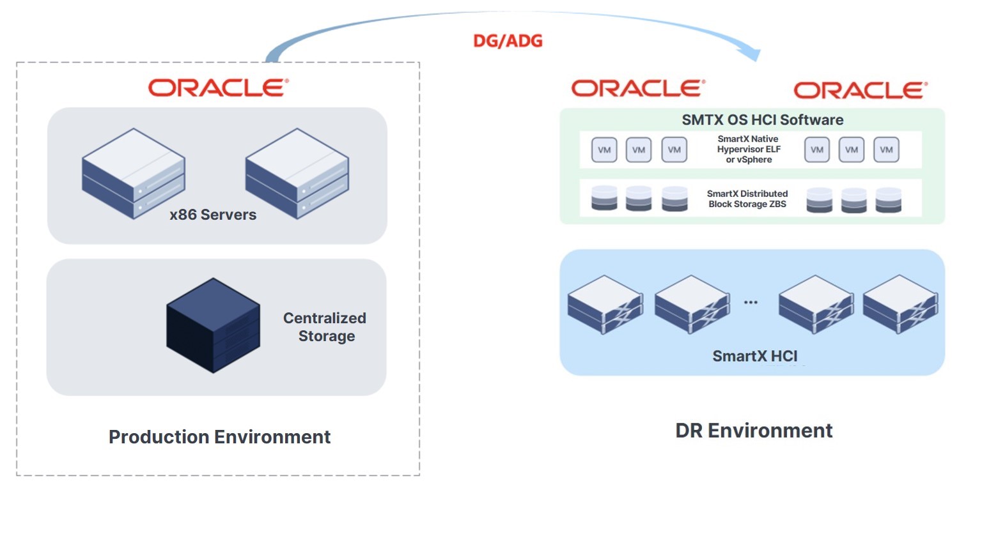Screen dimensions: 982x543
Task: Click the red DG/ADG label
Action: pyautogui.click(x=508, y=41)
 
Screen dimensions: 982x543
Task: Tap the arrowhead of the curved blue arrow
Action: pyautogui.click(x=751, y=53)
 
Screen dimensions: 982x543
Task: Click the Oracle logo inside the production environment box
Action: pyautogui.click(x=218, y=88)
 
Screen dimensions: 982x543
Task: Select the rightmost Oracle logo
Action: pyautogui.click(x=861, y=90)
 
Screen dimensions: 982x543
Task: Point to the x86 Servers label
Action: pyautogui.click(x=213, y=215)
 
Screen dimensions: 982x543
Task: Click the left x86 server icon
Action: pyautogui.click(x=133, y=173)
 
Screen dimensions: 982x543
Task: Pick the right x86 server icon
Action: pyautogui.click(x=297, y=173)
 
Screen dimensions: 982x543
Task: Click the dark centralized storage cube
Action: pyautogui.click(x=213, y=325)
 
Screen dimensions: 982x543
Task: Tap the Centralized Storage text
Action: pyautogui.click(x=325, y=326)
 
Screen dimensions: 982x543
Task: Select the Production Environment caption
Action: pyautogui.click(x=220, y=436)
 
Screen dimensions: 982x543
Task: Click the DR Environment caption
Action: pyautogui.click(x=754, y=431)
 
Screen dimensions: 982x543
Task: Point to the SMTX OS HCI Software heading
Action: pyautogui.click(x=762, y=119)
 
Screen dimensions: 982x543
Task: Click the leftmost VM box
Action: pyautogui.click(x=604, y=149)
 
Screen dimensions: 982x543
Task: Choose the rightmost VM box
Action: pyautogui.click(x=886, y=149)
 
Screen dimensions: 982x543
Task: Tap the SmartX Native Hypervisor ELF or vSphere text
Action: pyautogui.click(x=749, y=149)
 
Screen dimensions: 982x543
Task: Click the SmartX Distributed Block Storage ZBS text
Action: pyautogui.click(x=747, y=199)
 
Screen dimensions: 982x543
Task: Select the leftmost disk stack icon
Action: pyautogui.click(x=604, y=198)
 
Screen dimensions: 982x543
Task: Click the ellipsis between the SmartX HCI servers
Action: pyautogui.click(x=751, y=302)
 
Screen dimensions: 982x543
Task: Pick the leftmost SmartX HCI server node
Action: pyautogui.click(x=605, y=305)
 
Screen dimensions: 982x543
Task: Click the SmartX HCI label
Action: pyautogui.click(x=755, y=356)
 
